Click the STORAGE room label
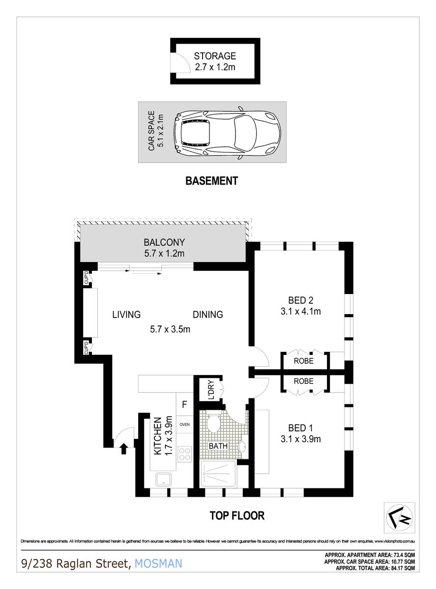click(x=214, y=56)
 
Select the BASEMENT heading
click(x=211, y=181)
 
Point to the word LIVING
click(x=126, y=315)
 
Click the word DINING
click(x=207, y=315)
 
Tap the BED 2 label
click(x=300, y=299)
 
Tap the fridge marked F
click(x=184, y=405)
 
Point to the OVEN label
click(x=185, y=425)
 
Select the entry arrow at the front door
click(x=123, y=446)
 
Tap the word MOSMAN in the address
click(x=158, y=563)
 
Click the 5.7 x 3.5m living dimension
click(x=170, y=329)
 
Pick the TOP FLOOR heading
click(x=237, y=515)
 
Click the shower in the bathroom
click(x=218, y=474)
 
